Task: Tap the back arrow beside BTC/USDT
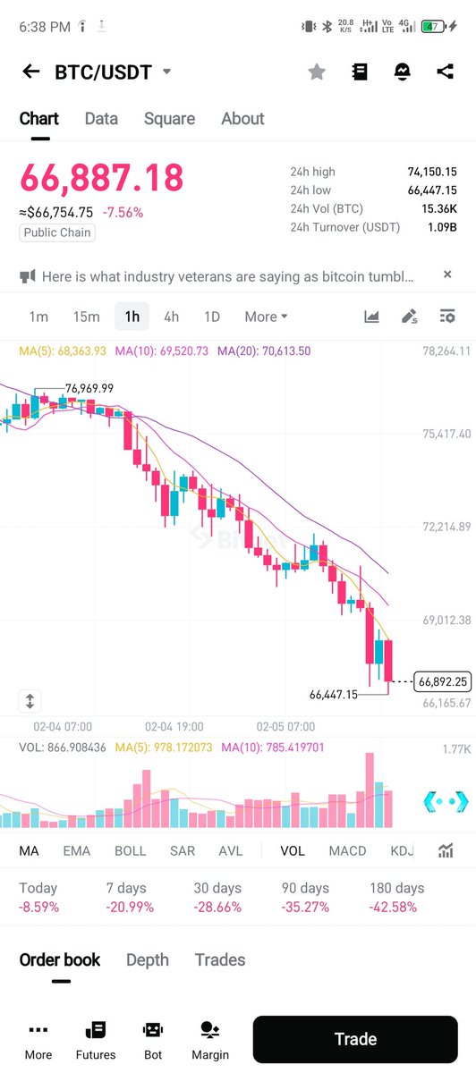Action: coord(31,72)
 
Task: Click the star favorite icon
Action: coord(317,72)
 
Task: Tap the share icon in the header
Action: coord(445,72)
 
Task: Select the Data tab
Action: coord(101,119)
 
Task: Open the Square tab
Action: coord(169,119)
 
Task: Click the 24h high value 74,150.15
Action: coord(432,172)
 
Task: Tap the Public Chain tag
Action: coord(58,232)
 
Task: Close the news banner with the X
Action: coord(447,275)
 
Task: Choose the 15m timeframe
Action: coord(86,317)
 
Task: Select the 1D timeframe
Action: coord(211,317)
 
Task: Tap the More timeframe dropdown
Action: coord(266,317)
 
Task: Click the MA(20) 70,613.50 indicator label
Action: coord(264,351)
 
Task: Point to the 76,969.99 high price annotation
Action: coord(89,388)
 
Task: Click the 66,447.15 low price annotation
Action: coord(333,694)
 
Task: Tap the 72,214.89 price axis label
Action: coord(446,527)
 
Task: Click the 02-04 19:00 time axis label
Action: coord(174,727)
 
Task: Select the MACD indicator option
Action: coord(347,850)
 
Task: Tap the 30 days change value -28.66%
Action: coord(217,907)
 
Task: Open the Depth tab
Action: coord(148,959)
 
